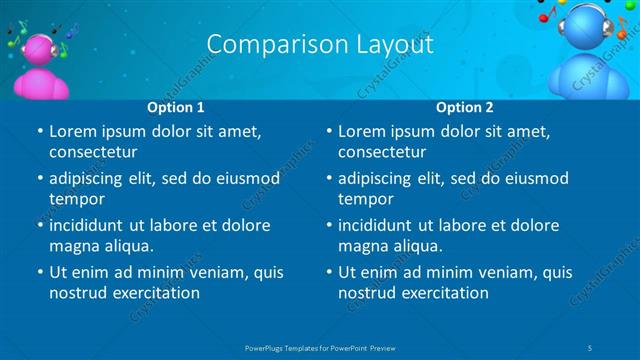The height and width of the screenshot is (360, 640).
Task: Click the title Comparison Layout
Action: (320, 45)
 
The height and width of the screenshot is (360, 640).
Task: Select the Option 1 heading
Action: (176, 107)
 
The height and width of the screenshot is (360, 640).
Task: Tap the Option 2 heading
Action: (465, 107)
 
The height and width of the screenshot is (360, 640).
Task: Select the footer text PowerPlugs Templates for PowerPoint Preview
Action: (320, 347)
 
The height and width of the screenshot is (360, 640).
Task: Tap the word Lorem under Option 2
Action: (361, 131)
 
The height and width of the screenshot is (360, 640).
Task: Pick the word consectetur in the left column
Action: (93, 152)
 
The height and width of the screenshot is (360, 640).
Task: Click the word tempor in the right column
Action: (365, 198)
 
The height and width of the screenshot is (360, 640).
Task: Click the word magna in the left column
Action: (71, 245)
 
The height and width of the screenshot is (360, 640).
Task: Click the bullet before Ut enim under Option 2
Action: (328, 272)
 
